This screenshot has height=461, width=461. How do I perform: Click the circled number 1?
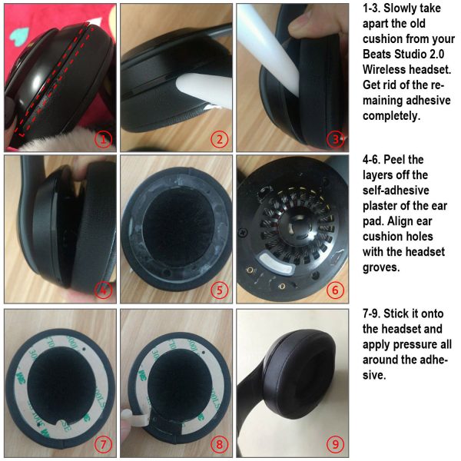click(103, 139)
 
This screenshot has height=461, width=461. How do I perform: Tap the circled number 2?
click(219, 139)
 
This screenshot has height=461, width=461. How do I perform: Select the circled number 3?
click(336, 139)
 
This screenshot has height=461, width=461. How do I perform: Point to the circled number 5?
click(219, 290)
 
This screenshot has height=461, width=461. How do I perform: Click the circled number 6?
click(336, 290)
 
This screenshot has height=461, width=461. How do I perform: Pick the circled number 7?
click(103, 443)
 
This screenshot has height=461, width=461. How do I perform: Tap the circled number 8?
click(219, 443)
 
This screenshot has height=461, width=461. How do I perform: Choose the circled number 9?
click(336, 443)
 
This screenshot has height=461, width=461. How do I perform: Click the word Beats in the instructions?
click(376, 55)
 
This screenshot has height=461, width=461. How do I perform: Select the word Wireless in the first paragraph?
click(384, 70)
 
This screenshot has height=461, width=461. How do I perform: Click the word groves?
click(381, 267)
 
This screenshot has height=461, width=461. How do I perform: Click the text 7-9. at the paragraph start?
click(371, 313)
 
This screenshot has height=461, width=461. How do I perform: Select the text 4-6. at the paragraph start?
click(371, 160)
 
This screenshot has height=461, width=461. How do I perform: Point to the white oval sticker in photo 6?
click(276, 263)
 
